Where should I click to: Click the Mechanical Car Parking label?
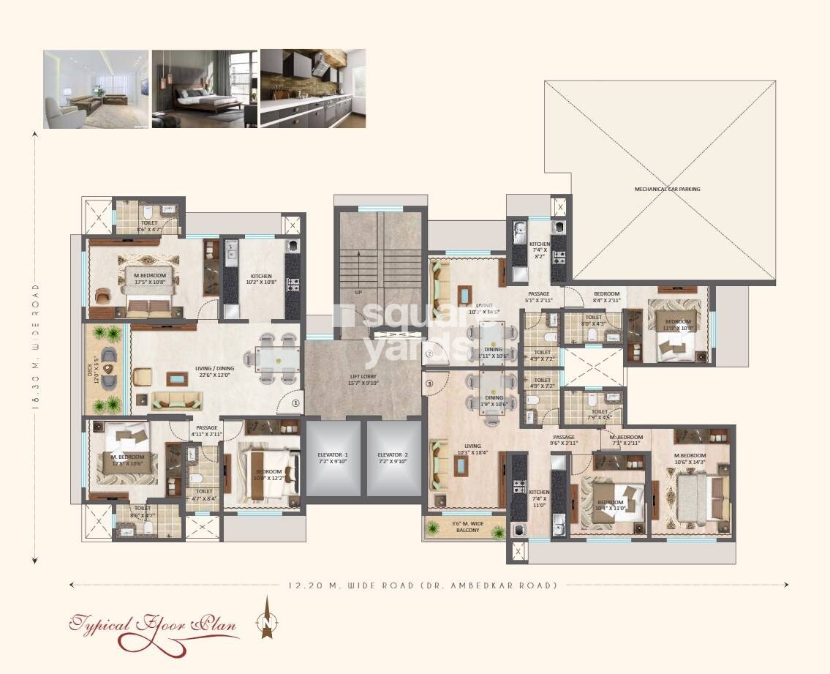[x=666, y=189]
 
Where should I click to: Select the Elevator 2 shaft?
[x=394, y=458]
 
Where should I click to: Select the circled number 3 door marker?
[x=430, y=383]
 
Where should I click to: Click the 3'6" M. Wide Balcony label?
[x=465, y=525]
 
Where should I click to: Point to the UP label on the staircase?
[x=358, y=291]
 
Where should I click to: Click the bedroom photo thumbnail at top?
[x=204, y=89]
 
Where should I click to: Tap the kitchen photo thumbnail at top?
[x=313, y=89]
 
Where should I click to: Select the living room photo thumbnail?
[x=96, y=89]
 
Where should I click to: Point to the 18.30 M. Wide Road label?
[x=35, y=348]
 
